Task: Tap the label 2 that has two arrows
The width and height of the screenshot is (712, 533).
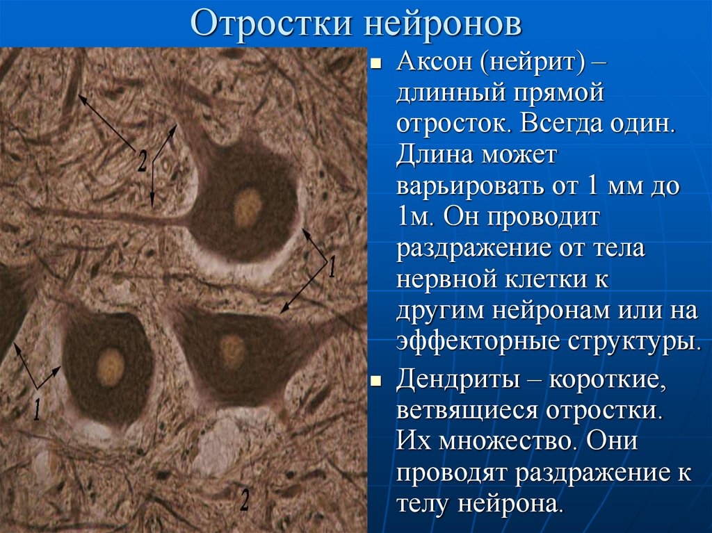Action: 143,162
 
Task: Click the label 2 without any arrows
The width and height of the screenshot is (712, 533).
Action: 245,499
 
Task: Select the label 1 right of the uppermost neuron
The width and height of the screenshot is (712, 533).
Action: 332,267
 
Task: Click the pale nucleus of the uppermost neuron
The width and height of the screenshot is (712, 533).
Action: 247,207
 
